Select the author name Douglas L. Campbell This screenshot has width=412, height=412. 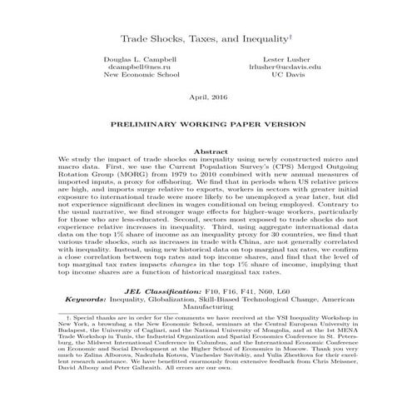click(139, 61)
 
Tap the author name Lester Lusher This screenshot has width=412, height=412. click(272, 61)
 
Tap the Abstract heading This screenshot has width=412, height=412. click(206, 150)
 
